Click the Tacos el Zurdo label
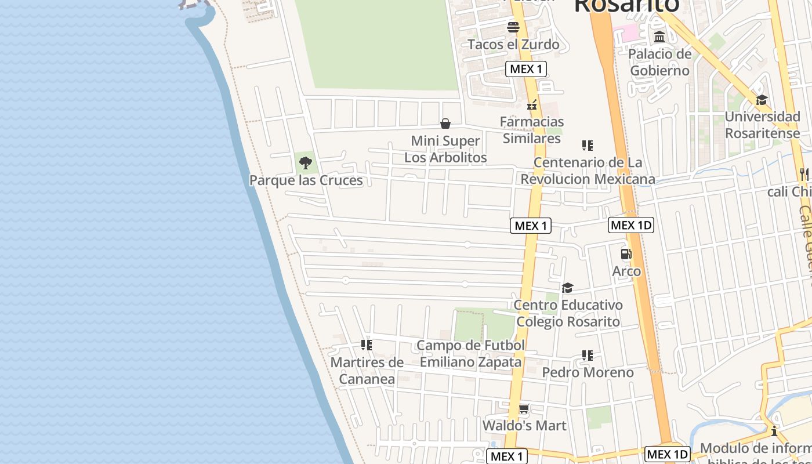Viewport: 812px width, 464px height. (513, 44)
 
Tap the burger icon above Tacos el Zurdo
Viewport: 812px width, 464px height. (513, 27)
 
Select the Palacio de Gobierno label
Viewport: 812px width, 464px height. (660, 62)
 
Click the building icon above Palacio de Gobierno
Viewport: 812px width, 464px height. (659, 37)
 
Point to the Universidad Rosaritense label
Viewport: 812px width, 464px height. (762, 125)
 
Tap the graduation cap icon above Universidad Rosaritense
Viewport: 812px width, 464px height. (762, 100)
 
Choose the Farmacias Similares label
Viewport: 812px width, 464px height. (532, 129)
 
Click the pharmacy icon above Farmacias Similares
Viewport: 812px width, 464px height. (531, 105)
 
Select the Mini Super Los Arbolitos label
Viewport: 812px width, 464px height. (445, 149)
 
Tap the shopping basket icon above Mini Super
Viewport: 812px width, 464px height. (445, 124)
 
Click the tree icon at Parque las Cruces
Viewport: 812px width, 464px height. (306, 163)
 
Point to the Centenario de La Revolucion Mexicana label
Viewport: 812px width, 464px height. (588, 171)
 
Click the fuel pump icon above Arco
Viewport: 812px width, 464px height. (626, 254)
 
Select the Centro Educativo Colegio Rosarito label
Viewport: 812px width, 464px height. (568, 313)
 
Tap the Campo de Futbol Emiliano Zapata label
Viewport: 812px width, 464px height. (470, 354)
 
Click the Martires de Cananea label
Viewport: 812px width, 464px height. (367, 371)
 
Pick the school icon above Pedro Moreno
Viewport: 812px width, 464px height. (588, 355)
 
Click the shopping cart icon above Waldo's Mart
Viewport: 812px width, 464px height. (524, 409)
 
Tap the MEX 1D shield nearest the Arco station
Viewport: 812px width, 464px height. (631, 225)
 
